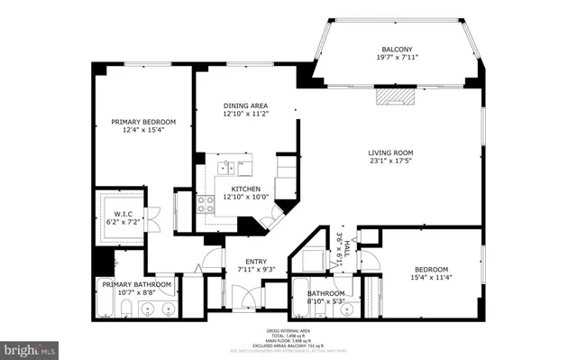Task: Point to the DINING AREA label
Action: point(246,106)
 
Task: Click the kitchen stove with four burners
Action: point(206,204)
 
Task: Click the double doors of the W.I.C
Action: point(153,217)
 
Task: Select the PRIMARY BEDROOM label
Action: point(143,121)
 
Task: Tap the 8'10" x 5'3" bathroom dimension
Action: point(325,301)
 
